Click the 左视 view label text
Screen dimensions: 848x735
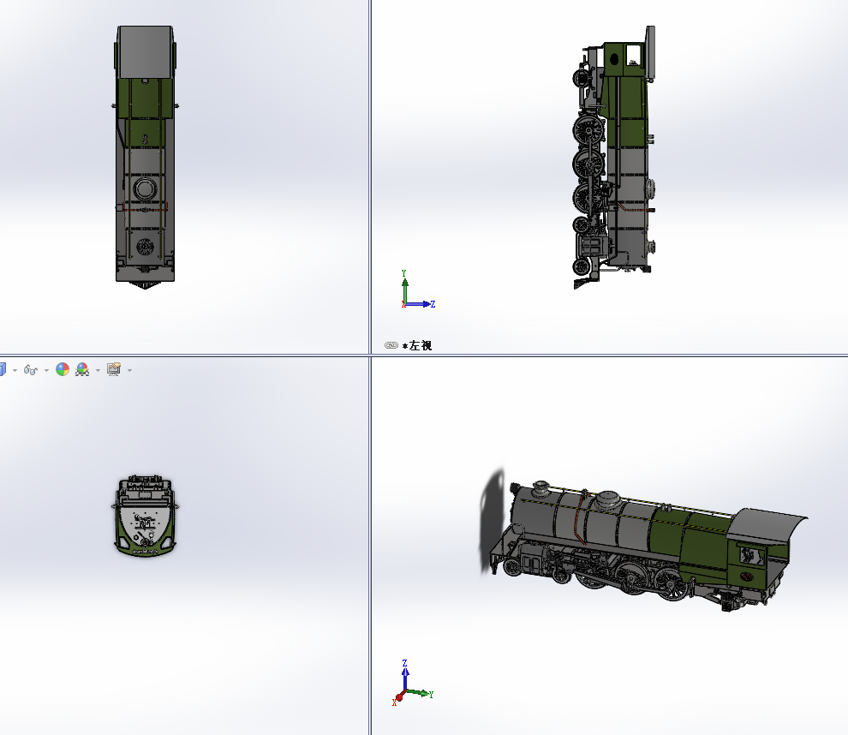tap(421, 345)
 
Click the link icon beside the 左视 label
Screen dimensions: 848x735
tap(391, 345)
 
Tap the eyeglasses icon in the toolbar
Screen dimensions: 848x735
tap(30, 370)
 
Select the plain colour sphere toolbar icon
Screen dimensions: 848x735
tap(63, 369)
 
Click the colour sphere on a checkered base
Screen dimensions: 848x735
tap(82, 369)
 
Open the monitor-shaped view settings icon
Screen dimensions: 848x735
tap(114, 369)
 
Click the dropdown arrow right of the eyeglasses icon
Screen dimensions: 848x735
tap(46, 370)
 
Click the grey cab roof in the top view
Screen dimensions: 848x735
tap(145, 52)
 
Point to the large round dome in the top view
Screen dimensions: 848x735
tap(145, 189)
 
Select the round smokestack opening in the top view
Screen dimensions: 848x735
tap(145, 247)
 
